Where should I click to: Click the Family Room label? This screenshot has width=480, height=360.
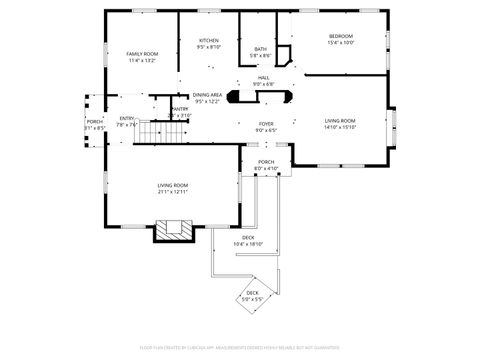[142, 53]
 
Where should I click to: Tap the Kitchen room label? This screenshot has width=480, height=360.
[208, 40]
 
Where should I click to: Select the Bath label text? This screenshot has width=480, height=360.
[260, 48]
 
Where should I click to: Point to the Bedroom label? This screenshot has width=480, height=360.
[341, 36]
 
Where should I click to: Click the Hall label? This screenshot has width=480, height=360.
[264, 77]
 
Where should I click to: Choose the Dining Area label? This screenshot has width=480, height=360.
[207, 95]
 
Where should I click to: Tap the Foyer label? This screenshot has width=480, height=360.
[266, 123]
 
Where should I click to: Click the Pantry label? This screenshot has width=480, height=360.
[180, 109]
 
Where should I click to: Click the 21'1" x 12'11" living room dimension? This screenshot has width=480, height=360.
[173, 192]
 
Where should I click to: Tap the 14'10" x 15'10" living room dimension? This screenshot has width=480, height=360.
[340, 128]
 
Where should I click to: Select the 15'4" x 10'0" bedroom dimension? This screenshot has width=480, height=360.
[341, 43]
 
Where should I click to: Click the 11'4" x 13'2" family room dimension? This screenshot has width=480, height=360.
[142, 60]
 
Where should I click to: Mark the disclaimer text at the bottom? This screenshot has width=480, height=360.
[240, 347]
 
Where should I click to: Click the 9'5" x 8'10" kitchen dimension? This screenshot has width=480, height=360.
[208, 47]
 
